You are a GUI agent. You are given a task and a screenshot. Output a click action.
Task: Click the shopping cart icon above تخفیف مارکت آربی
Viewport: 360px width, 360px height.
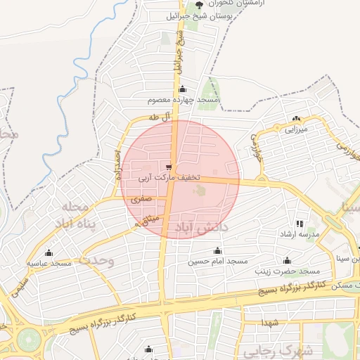(x=168, y=167)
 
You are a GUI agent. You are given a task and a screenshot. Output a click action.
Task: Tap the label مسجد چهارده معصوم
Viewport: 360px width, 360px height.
(x=188, y=101)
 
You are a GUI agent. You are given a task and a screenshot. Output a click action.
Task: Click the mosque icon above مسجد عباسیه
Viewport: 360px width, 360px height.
(x=49, y=253)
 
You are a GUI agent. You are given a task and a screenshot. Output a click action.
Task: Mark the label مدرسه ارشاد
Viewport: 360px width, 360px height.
(x=300, y=233)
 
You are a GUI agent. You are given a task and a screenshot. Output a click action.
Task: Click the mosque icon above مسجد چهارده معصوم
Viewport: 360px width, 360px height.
(x=183, y=89)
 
